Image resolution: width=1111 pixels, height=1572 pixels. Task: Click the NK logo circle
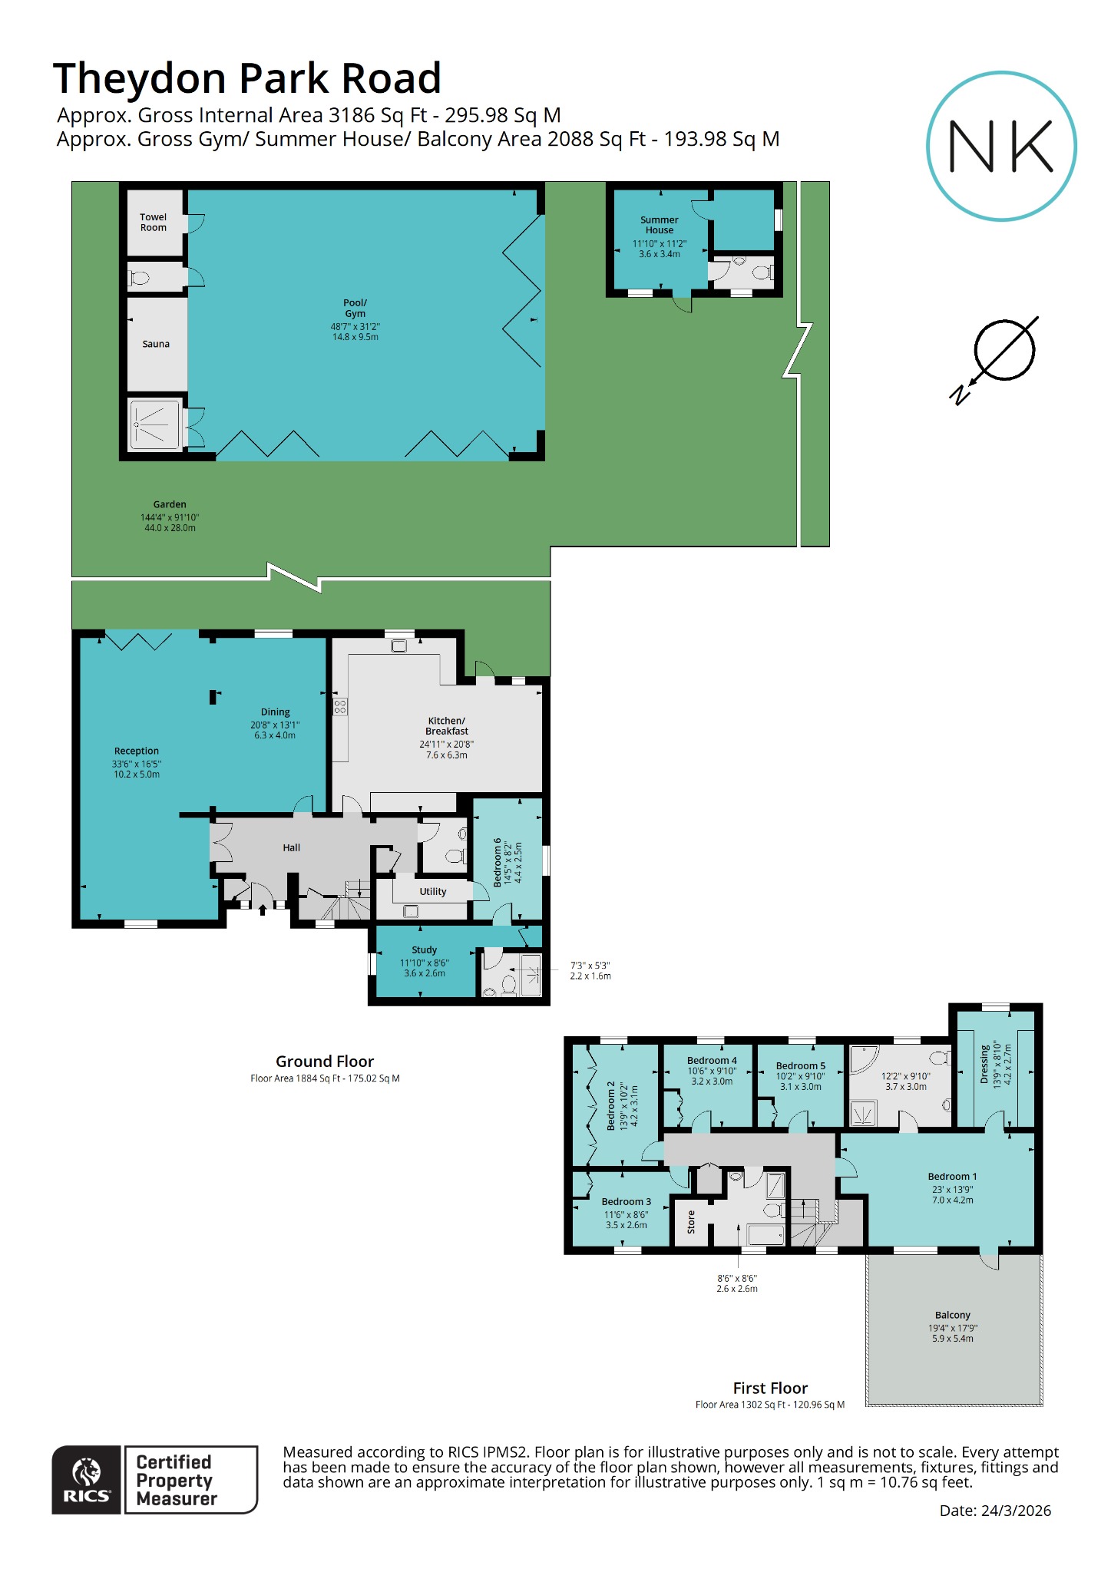(1001, 146)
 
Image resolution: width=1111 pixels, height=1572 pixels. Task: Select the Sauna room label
(156, 344)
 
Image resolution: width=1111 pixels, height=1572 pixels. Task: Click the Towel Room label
(154, 223)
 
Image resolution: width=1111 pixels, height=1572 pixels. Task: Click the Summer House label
(659, 225)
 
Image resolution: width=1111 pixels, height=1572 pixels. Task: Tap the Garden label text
(170, 504)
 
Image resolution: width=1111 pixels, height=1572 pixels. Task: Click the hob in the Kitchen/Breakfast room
(340, 707)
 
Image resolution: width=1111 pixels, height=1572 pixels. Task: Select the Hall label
(291, 847)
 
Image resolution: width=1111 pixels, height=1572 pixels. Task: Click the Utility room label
(432, 891)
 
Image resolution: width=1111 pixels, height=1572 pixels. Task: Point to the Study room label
(424, 949)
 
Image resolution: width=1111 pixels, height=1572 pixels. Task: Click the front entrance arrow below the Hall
(263, 910)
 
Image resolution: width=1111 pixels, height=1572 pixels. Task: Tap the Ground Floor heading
(325, 1062)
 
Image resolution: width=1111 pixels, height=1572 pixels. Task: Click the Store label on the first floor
(691, 1221)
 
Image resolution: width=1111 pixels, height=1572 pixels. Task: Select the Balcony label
(952, 1315)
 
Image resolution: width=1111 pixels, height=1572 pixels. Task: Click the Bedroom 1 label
(952, 1176)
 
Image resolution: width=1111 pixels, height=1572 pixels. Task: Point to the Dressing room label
(984, 1064)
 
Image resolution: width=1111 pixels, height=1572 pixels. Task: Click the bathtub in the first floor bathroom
(765, 1235)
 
